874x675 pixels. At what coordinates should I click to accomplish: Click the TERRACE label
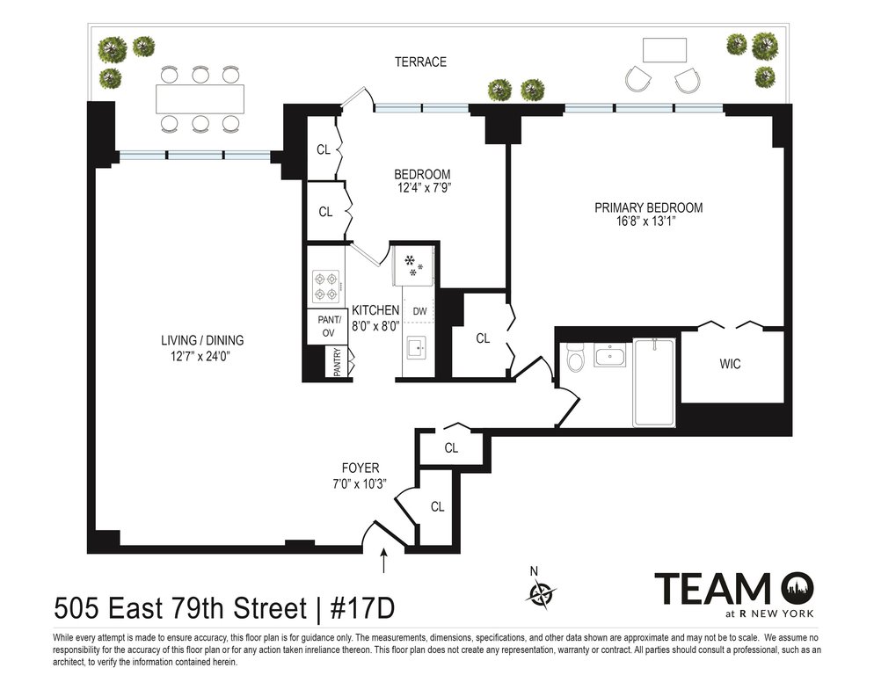pyautogui.click(x=420, y=62)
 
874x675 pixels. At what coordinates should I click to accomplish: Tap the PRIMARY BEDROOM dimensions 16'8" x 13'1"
pyautogui.click(x=648, y=221)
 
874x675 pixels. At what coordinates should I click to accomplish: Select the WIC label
pyautogui.click(x=730, y=364)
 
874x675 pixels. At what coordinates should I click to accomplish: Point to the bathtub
pyautogui.click(x=654, y=382)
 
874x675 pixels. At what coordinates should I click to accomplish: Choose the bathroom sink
pyautogui.click(x=610, y=355)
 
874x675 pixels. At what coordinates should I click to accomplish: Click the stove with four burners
pyautogui.click(x=326, y=286)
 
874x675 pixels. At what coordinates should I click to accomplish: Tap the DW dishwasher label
pyautogui.click(x=419, y=312)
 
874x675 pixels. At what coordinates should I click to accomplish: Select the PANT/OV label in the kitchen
pyautogui.click(x=328, y=326)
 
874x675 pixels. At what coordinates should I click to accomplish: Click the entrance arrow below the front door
pyautogui.click(x=383, y=561)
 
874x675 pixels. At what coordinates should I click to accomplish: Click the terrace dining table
pyautogui.click(x=200, y=98)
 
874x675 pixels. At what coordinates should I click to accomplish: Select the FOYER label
pyautogui.click(x=361, y=468)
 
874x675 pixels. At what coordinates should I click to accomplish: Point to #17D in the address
pyautogui.click(x=363, y=608)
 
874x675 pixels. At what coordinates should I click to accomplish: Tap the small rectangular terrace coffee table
pyautogui.click(x=665, y=50)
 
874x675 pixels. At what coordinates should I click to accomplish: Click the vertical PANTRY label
pyautogui.click(x=338, y=362)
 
